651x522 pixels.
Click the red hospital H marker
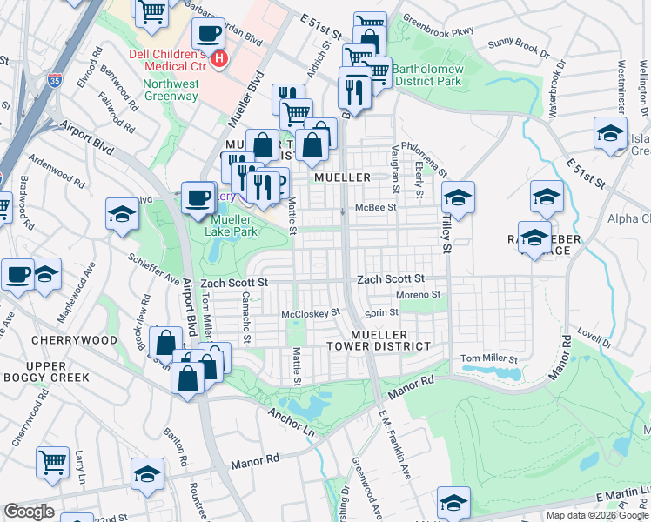pos(220,59)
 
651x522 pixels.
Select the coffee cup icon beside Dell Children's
pos(208,35)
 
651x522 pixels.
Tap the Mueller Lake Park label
pos(234,226)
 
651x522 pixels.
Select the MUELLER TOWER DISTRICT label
pos(391,340)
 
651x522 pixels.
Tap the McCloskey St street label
pos(309,312)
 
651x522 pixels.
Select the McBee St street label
pos(375,208)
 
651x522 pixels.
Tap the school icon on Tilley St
pos(457,198)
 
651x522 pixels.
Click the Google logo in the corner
pos(29,512)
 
